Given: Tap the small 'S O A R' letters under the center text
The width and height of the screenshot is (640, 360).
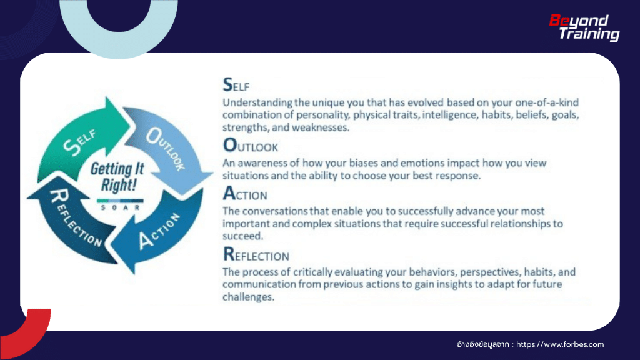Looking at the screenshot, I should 117,206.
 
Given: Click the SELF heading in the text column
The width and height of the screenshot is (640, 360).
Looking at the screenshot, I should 236,84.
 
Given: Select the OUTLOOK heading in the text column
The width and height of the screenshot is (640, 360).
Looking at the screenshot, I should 250,146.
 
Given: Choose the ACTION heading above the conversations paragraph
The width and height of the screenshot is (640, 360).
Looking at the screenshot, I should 245,196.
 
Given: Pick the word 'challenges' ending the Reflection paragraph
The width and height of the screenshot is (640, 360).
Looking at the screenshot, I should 248,297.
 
